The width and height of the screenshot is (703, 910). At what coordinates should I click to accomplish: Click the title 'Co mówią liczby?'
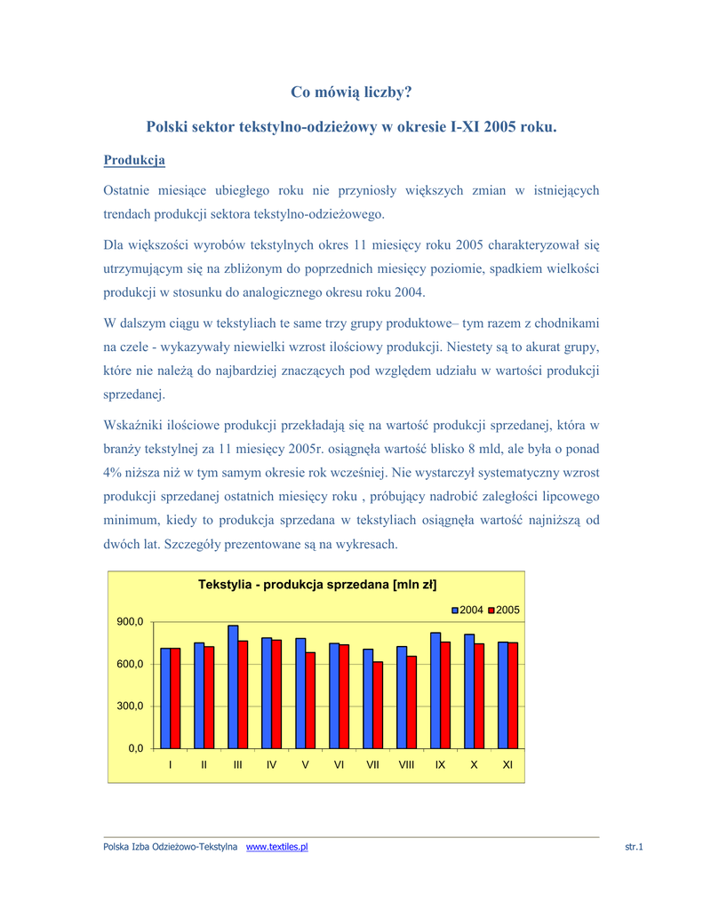351,92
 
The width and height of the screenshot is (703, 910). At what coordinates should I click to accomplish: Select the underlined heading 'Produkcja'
134,160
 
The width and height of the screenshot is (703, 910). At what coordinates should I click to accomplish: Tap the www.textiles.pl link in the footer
276,848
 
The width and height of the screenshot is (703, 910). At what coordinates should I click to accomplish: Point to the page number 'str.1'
633,848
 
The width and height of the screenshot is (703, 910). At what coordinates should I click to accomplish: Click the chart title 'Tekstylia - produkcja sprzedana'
317,585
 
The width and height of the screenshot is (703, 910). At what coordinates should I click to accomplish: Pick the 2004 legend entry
467,610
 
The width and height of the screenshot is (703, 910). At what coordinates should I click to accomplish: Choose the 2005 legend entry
504,610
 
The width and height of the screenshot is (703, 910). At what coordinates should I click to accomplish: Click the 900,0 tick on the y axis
131,622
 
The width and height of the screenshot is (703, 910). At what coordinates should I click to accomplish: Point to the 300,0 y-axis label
131,706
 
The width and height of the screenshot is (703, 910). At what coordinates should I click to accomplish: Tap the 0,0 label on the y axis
135,748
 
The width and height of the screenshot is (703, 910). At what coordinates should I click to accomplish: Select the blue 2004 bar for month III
233,687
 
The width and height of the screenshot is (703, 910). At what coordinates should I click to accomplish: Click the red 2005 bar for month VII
378,705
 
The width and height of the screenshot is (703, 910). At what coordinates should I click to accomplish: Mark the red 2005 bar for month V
310,700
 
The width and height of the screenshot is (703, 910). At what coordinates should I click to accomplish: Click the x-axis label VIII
406,765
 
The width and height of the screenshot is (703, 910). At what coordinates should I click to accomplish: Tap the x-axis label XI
507,765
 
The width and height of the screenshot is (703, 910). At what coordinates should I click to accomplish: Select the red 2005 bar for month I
175,698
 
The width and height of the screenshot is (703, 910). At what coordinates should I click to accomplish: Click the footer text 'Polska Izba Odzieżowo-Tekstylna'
170,848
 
